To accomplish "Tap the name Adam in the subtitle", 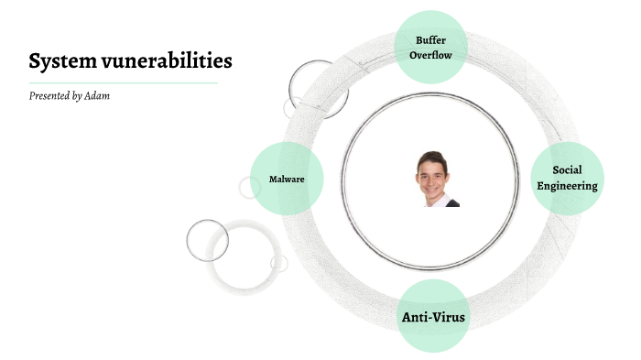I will [96, 96].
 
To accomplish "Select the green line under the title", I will [123, 82].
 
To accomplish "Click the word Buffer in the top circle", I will [431, 40].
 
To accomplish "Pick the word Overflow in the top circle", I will [431, 55].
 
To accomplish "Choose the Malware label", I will [287, 179].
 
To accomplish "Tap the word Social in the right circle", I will [567, 170].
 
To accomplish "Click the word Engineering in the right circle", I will [567, 186].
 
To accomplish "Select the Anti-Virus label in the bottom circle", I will [434, 318].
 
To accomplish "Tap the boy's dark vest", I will [451, 202].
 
